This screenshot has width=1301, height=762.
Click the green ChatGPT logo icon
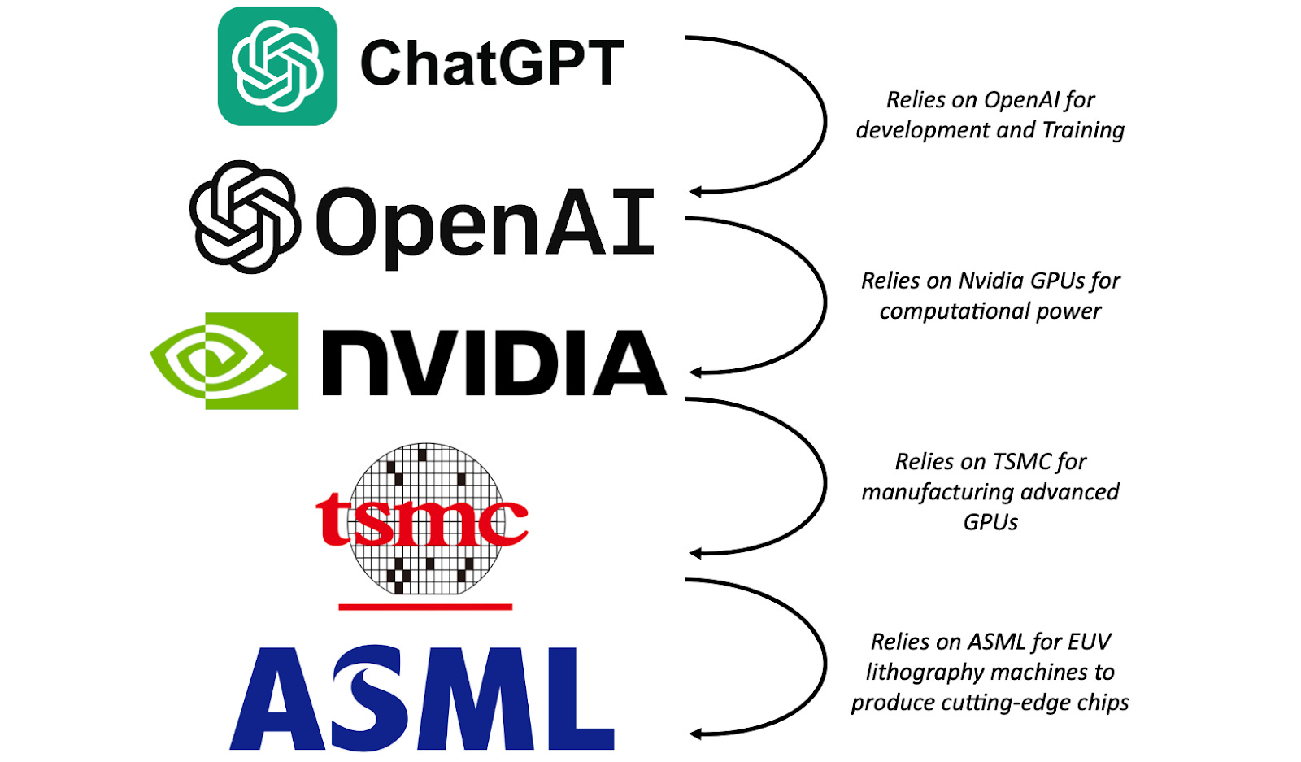point(277,66)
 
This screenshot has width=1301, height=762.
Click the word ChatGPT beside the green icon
point(492,63)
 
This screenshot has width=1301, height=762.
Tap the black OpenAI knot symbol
point(244,217)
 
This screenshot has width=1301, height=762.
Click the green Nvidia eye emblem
point(224,360)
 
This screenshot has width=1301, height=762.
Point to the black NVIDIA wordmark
point(494,363)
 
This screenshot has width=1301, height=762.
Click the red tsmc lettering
point(421,519)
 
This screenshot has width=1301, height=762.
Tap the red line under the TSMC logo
point(424,607)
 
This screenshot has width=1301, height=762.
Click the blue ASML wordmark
point(422,698)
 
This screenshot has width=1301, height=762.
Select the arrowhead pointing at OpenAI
point(696,192)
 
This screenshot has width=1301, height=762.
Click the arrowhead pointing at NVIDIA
point(696,372)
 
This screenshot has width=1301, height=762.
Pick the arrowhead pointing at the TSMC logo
point(696,553)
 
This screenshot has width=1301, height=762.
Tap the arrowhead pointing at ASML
point(696,734)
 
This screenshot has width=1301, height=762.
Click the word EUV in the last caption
point(1089,642)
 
